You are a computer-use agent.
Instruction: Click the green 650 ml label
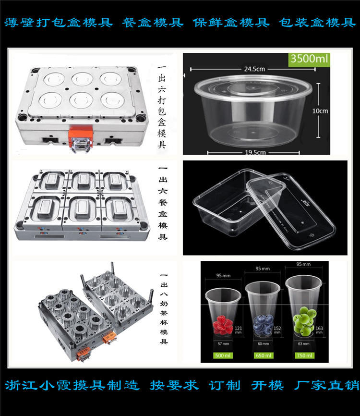262,355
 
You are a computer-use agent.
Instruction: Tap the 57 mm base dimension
221,344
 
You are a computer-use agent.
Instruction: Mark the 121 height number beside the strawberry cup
237,329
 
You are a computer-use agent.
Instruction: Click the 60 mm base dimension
262,344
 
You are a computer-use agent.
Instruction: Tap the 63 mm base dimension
303,344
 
